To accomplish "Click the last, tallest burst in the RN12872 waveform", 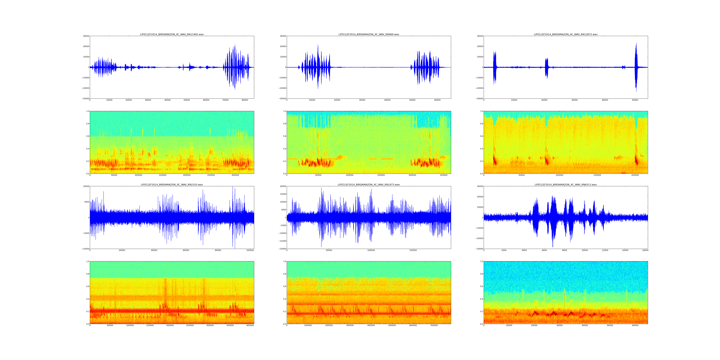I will point(636,67).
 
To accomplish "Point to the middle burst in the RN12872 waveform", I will point(547,67).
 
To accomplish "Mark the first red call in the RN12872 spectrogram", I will point(495,161).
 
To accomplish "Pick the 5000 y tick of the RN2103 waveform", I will point(86,202).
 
